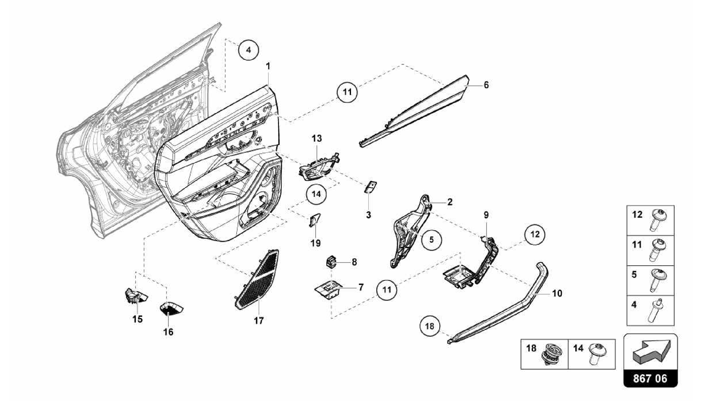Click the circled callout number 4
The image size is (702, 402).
pyautogui.click(x=249, y=50)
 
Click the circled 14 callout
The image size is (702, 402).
pyautogui.click(x=316, y=194)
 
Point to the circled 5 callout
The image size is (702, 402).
pyautogui.click(x=431, y=240)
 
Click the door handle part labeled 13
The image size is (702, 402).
pyautogui.click(x=317, y=168)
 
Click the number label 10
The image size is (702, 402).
pyautogui.click(x=557, y=293)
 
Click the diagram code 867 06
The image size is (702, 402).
pyautogui.click(x=650, y=378)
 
